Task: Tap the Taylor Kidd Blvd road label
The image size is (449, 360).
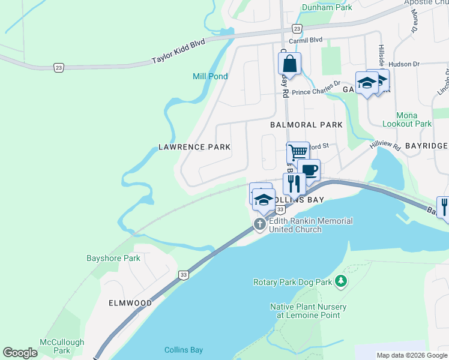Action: click(x=178, y=52)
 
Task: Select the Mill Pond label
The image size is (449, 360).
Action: click(x=210, y=76)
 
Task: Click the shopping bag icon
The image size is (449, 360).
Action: click(x=289, y=64)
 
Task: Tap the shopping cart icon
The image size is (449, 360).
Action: click(x=297, y=151)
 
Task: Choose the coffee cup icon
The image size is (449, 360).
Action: click(x=309, y=170)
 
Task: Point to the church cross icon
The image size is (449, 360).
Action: click(x=260, y=225)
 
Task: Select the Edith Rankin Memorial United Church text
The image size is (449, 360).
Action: click(x=310, y=225)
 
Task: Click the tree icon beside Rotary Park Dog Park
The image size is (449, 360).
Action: click(x=340, y=281)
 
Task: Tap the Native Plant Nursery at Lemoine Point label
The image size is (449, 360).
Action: click(x=308, y=311)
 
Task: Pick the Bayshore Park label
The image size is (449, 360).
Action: click(x=113, y=259)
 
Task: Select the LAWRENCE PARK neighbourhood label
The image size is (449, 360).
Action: click(x=194, y=146)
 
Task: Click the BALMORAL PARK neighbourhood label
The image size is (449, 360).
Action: click(x=306, y=125)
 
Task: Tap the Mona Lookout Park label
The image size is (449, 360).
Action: click(x=414, y=119)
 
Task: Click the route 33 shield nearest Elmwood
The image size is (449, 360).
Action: click(x=183, y=275)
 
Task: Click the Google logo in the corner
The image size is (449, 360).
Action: click(x=20, y=353)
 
